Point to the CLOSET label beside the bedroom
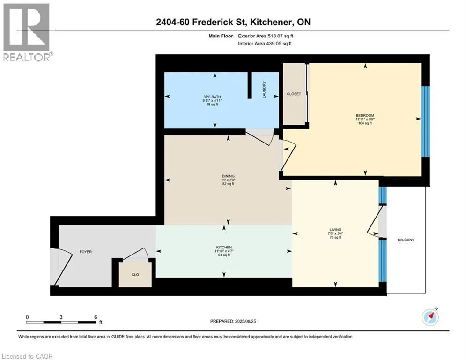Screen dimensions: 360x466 tap(294, 94)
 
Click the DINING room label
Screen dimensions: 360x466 tap(228, 176)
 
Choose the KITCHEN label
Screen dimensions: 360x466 tap(224, 247)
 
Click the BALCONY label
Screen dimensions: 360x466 tap(406, 240)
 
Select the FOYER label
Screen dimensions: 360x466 tap(85, 252)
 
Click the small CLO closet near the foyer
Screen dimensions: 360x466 tap(135, 275)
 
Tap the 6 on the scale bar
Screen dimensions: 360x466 tap(95, 317)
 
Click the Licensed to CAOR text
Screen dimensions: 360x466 tap(28, 356)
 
